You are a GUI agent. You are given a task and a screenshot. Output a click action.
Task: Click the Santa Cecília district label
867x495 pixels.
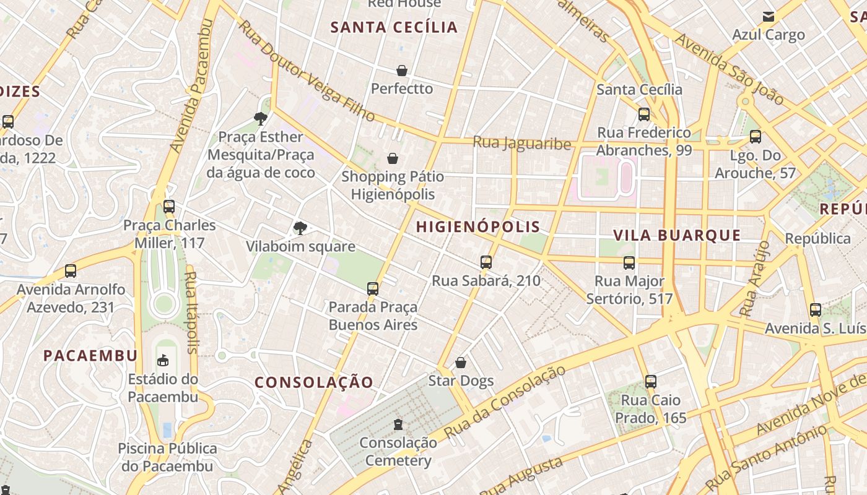394,27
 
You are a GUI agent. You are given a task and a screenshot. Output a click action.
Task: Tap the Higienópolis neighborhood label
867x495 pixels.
478,226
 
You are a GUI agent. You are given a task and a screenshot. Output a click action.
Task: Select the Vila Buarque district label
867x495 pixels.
677,235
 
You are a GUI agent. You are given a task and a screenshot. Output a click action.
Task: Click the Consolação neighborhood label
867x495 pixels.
314,382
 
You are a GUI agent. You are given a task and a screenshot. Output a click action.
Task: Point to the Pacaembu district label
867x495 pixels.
90,355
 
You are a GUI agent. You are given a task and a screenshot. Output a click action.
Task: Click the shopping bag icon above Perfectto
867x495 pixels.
402,71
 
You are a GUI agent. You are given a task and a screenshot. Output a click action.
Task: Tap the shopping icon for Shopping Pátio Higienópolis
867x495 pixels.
392,159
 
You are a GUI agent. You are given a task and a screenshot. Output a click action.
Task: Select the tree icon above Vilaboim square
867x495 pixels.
300,228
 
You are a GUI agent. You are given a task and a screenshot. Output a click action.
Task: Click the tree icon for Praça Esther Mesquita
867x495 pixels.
261,118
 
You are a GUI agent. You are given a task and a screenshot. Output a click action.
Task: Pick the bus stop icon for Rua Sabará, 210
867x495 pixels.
486,262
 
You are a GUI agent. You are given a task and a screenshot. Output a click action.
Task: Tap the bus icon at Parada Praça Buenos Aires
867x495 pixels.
373,288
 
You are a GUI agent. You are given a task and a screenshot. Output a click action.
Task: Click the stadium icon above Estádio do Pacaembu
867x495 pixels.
163,360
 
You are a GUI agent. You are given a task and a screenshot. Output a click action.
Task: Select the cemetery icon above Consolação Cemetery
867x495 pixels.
398,424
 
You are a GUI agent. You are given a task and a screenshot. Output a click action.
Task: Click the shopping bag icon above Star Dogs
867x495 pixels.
461,363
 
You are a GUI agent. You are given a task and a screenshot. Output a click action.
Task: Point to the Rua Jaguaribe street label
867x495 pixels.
522,143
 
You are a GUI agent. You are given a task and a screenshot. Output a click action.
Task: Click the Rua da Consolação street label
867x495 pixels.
505,402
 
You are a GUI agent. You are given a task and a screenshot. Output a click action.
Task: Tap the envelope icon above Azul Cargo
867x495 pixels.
769,17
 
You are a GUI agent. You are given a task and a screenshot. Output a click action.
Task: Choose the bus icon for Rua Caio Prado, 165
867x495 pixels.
650,382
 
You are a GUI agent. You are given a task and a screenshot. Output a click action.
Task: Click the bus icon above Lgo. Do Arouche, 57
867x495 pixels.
756,137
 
